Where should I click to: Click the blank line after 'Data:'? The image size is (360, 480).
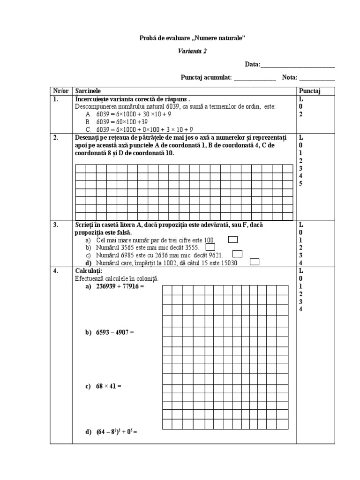297,65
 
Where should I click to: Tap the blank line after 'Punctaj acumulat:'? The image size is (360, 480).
255,78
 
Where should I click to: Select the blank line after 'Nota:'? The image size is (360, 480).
317,78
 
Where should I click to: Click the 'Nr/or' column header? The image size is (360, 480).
60,91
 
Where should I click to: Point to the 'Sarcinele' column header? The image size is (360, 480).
87,91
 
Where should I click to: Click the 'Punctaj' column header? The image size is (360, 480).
310,91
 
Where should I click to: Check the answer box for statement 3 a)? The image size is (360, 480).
232,240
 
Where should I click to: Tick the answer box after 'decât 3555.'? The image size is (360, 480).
210,247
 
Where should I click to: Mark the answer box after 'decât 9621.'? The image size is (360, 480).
237,254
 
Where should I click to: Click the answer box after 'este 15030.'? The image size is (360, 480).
255,262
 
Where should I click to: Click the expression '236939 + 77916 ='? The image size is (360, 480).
117,286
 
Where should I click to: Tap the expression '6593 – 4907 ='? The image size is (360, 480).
114,332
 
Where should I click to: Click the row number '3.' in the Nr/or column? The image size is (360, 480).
56,225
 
